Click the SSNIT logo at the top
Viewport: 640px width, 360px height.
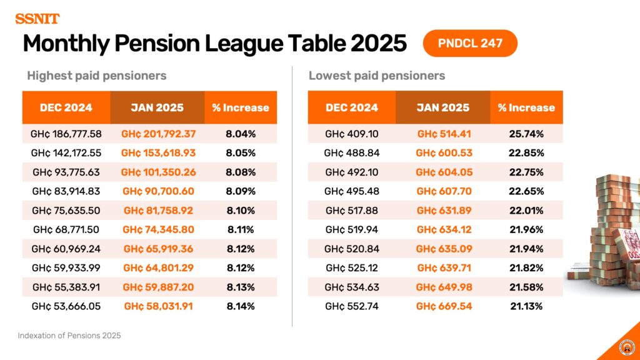coord(37,19)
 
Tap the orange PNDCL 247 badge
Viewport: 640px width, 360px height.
coord(470,44)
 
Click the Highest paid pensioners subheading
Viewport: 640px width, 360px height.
coord(96,76)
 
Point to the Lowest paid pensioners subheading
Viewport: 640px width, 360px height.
coord(377,76)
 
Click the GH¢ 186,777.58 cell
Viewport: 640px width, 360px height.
coord(66,134)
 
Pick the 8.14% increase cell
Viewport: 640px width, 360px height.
coord(241,306)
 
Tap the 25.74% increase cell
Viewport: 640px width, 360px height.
coord(526,134)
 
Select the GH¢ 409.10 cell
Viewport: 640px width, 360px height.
coord(352,134)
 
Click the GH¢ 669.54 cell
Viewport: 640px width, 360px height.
coord(444,306)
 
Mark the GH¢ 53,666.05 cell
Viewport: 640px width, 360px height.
coord(66,306)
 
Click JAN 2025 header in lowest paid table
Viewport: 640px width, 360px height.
coord(443,107)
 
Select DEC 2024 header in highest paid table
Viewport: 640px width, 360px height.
coord(66,107)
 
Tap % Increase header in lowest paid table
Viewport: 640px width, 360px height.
coord(526,107)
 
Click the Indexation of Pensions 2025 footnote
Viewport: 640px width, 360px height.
coord(69,336)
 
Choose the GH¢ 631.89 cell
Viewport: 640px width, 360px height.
coord(444,211)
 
